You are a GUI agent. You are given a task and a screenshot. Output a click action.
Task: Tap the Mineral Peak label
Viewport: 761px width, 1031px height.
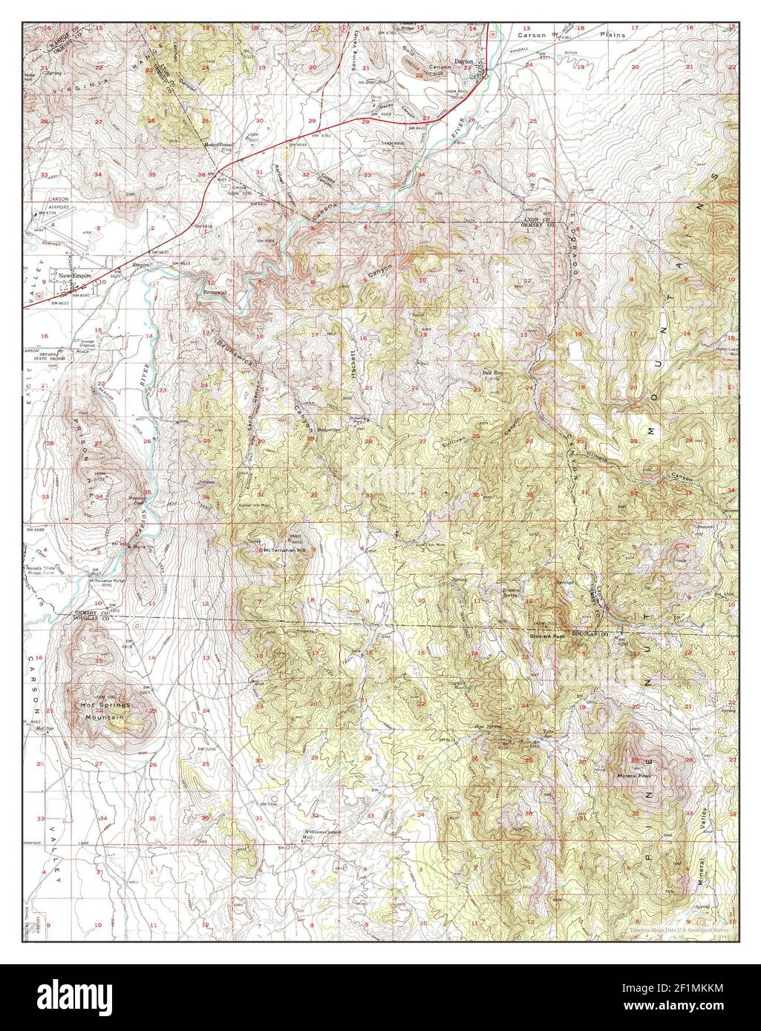[x=633, y=777]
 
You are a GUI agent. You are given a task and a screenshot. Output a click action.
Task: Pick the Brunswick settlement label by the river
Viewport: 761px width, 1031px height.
[x=217, y=292]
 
